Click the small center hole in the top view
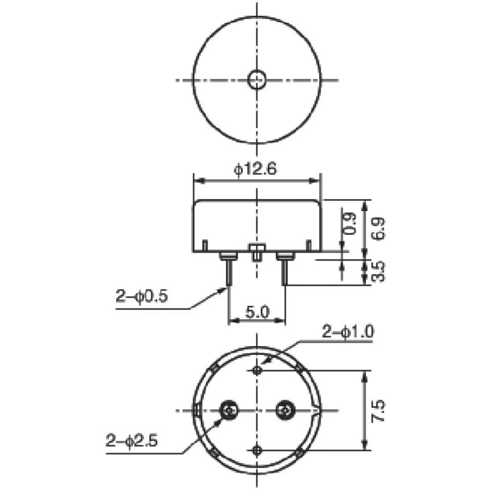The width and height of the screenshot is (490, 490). [257, 80]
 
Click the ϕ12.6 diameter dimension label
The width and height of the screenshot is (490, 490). [256, 170]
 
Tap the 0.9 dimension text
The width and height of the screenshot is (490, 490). [348, 224]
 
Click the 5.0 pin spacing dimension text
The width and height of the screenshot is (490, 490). [257, 312]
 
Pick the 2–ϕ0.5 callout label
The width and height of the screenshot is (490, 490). [142, 296]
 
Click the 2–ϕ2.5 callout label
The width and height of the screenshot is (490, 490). [131, 441]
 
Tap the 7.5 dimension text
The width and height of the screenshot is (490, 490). [379, 411]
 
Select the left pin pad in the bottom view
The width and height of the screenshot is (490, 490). [228, 409]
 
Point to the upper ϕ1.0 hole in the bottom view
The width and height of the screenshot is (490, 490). [257, 370]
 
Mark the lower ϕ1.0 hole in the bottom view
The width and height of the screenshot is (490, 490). [257, 449]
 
